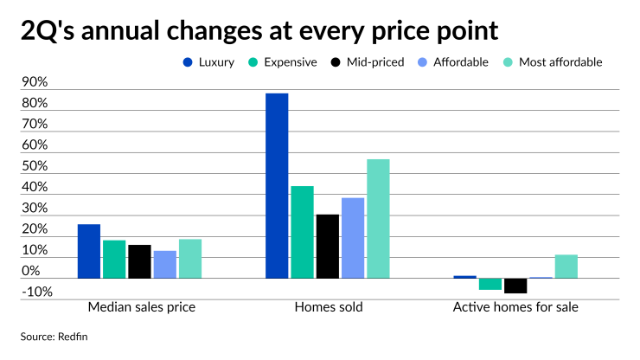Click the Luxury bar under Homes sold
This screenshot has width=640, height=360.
point(277,185)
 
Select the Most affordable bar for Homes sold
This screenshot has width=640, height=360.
point(378,218)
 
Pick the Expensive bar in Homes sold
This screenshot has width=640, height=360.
point(302,232)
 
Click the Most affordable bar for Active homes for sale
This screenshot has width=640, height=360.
point(566,267)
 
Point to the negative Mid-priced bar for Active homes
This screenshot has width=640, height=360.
point(515,286)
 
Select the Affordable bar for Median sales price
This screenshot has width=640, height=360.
point(164,265)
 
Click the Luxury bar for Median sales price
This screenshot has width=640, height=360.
point(88,251)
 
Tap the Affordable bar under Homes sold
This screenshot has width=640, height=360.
point(353,238)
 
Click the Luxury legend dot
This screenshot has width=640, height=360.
point(187,62)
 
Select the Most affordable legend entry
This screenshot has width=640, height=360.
point(560,62)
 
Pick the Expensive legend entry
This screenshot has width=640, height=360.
point(289,62)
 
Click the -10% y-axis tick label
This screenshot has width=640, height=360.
point(35,292)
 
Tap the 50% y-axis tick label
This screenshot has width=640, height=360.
point(35,167)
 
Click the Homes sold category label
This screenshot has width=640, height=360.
point(329,308)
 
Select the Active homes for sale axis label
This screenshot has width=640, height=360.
point(515,308)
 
